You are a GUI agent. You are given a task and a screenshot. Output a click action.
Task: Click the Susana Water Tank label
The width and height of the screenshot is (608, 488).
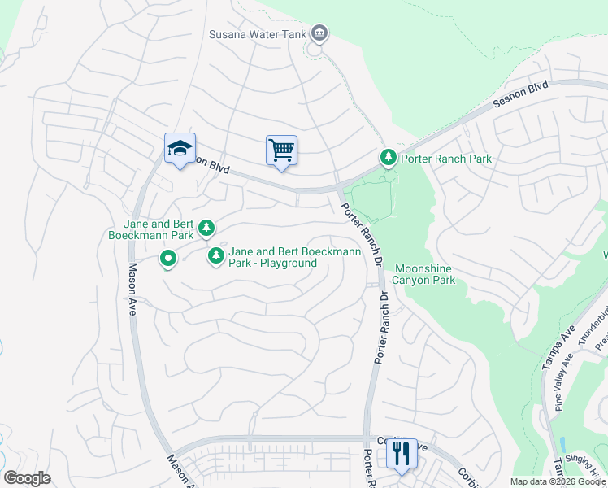click(257, 33)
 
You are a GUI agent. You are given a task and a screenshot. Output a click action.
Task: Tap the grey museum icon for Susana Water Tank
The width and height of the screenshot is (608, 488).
click(319, 33)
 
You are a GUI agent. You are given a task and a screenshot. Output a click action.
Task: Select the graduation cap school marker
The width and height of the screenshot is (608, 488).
click(180, 148)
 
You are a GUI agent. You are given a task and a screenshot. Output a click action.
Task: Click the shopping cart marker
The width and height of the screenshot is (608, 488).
click(281, 150)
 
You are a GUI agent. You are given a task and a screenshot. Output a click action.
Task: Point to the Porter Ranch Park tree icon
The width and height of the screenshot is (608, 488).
click(389, 156)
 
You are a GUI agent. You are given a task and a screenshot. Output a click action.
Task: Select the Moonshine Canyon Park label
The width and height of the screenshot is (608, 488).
click(424, 274)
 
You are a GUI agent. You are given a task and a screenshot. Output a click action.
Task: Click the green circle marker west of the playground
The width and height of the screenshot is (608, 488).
click(168, 259)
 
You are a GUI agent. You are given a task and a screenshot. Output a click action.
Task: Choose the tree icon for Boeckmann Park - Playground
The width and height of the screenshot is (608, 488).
click(216, 256)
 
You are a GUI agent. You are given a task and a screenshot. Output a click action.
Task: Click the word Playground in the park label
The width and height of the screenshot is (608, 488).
click(289, 264)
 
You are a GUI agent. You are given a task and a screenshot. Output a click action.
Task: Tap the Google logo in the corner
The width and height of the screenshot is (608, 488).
click(27, 478)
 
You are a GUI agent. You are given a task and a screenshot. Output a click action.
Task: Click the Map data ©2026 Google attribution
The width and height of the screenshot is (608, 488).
click(558, 481)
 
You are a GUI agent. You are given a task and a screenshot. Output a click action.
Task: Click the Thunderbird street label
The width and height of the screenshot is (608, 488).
click(592, 324)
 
